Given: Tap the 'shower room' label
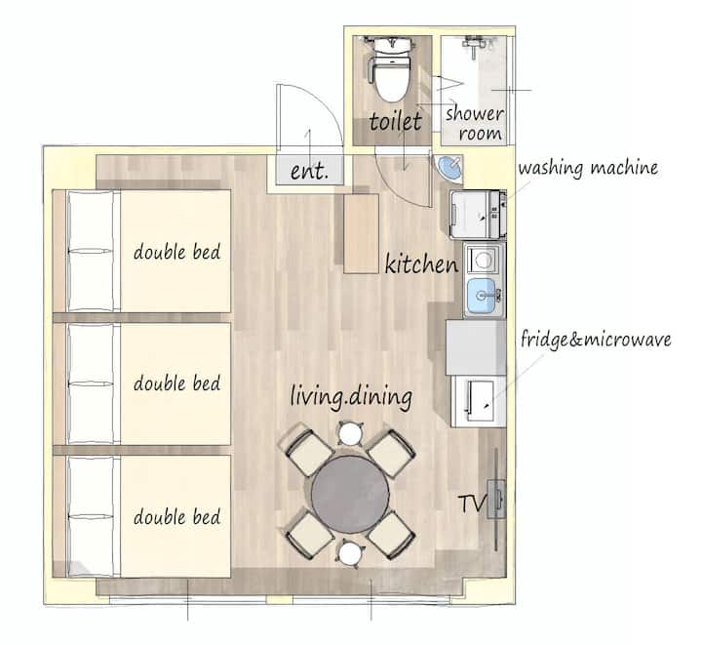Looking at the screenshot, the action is [475, 123].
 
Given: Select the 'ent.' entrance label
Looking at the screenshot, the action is [309, 171].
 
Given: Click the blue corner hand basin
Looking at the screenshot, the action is [449, 168].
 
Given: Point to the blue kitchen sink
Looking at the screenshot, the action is [482, 296].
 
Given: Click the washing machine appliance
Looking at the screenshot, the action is [478, 215].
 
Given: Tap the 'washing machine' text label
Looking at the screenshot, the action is [588, 169].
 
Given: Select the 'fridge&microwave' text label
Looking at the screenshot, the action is [596, 339].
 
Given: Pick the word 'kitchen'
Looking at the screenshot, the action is [421, 263].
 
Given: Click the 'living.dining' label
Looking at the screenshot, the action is [351, 397].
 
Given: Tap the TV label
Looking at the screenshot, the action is [472, 504].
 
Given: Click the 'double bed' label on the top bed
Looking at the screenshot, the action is [176, 252].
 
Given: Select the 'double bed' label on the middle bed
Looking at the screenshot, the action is [176, 383].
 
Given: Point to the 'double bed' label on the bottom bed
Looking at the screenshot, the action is [176, 517].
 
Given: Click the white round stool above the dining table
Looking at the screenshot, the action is [350, 433].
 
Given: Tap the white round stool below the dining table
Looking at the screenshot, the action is [350, 554].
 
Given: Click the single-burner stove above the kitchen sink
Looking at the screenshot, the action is [483, 260].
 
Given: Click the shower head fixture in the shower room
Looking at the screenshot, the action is [474, 45].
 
